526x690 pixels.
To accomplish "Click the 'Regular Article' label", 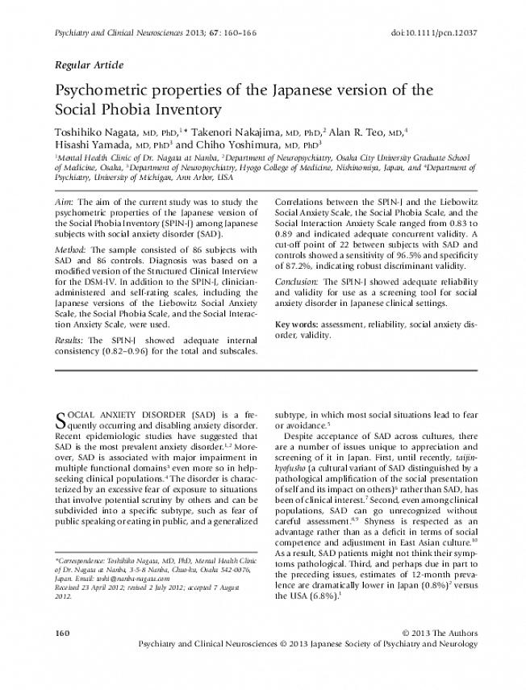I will click(89, 64).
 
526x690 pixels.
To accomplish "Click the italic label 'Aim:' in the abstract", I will click(65, 201).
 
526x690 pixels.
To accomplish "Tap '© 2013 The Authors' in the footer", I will click(439, 631).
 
